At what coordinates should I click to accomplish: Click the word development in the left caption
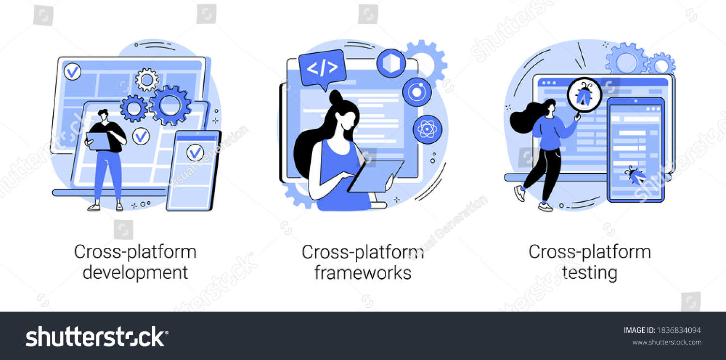pos(135,273)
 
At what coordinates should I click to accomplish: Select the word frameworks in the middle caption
pos(363,273)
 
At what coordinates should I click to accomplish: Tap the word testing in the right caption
pos(589,273)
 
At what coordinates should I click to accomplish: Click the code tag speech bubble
pos(322,69)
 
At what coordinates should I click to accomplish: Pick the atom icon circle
pos(427,130)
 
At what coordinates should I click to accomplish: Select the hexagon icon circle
pos(391,63)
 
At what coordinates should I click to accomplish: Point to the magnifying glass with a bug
pos(584,96)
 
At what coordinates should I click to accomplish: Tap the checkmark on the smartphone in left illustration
pos(195,152)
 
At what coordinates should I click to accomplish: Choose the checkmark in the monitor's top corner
pos(72,72)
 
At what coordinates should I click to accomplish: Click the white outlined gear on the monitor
pos(147,79)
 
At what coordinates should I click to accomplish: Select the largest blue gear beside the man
pos(170,105)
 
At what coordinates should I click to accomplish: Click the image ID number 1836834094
pos(679,330)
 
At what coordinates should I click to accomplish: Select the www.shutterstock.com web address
pos(666,342)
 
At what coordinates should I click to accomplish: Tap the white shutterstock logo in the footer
pos(97,337)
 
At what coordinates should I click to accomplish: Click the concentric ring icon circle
pos(417,92)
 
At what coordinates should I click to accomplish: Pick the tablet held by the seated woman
pos(376,176)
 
